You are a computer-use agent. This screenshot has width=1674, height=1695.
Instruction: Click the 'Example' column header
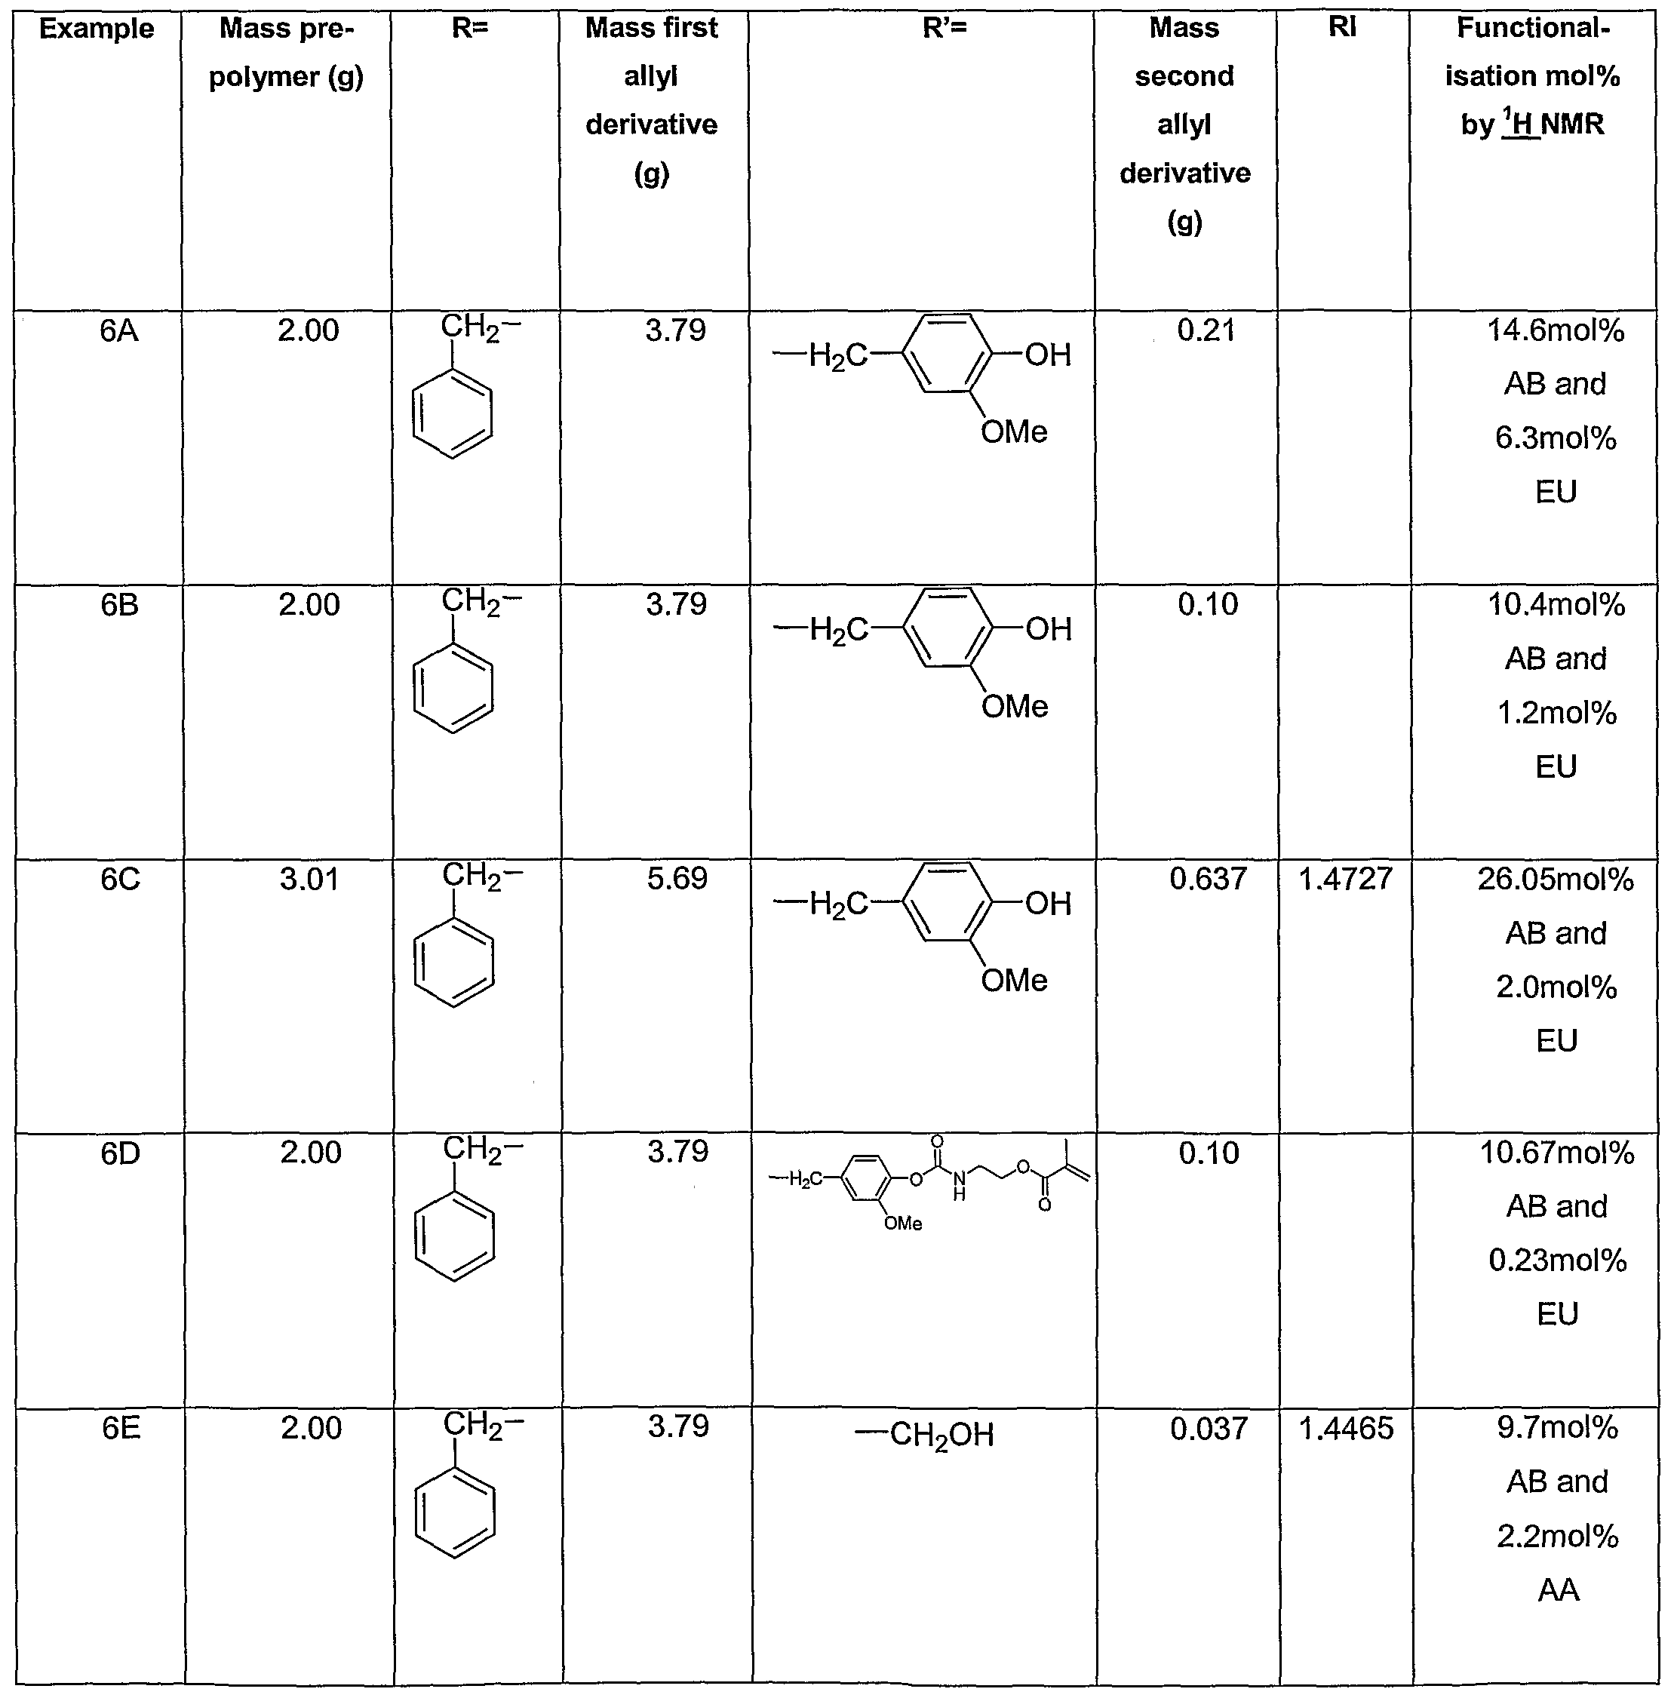tap(97, 29)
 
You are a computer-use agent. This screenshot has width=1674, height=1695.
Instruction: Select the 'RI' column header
tap(1342, 27)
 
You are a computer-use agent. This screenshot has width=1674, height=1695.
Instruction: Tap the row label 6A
tap(118, 332)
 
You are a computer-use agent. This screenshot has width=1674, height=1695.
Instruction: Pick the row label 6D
tap(120, 1153)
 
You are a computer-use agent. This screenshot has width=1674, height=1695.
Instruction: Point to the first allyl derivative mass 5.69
tap(677, 879)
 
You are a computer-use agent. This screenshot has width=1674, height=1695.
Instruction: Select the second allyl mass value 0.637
tap(1208, 879)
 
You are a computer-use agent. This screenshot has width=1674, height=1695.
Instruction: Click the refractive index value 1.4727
tap(1345, 879)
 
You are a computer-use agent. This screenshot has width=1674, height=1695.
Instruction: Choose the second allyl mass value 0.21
tap(1206, 330)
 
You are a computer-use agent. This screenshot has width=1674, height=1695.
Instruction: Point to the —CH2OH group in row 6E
tap(925, 1436)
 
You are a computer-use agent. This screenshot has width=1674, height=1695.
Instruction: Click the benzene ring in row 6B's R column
tap(453, 689)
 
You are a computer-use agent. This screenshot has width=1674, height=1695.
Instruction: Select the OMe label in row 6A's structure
tap(1014, 431)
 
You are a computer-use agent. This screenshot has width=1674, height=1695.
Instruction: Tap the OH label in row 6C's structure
tap(1049, 904)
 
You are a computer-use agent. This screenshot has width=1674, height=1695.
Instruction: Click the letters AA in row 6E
tap(1558, 1589)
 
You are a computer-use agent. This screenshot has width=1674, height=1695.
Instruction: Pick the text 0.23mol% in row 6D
tap(1557, 1261)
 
